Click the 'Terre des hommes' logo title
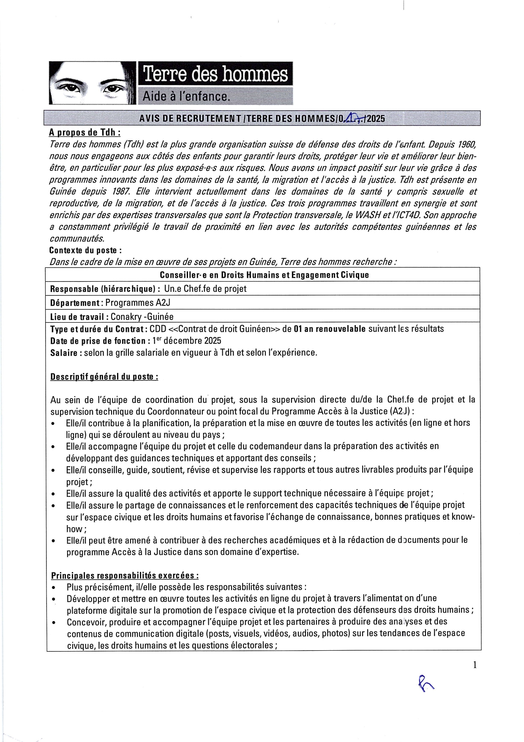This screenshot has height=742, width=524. coord(216,74)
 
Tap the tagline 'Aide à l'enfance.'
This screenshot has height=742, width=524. coord(186,96)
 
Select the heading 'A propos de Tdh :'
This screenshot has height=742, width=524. coord(85,132)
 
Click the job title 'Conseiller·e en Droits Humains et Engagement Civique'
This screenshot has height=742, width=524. coord(264,275)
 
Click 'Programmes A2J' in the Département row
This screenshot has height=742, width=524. coord(138,303)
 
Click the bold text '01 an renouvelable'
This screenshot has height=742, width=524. coord(330,329)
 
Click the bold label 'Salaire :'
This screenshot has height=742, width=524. coord(66,353)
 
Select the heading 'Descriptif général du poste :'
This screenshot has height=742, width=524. coord(104,376)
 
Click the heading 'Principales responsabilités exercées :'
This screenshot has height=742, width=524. coord(125,575)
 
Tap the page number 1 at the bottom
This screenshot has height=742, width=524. coord(475,665)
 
